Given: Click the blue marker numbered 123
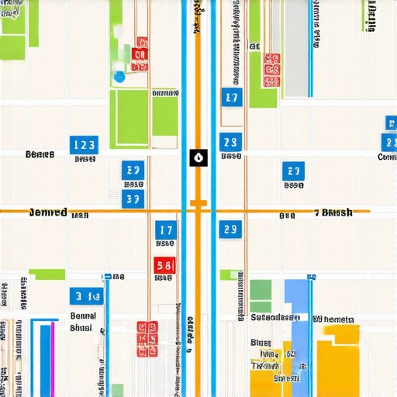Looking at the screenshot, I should tap(84, 144).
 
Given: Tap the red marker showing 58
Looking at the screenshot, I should tap(164, 266).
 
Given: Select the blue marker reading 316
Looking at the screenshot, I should tap(85, 296).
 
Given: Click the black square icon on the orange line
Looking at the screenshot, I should tap(198, 158).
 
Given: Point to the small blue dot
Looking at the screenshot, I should tap(119, 77).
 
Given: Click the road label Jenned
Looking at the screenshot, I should tap(48, 212).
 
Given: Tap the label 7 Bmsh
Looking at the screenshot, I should tap(333, 212).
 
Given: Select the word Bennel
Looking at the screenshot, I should tap(82, 316).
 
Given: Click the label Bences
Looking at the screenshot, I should tap(40, 155).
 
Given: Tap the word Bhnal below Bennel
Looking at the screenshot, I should tap(81, 328).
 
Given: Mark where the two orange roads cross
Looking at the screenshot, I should tap(198, 210).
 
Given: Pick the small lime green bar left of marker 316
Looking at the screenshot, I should tap(47, 274).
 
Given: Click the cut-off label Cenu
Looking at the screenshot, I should tap(386, 157).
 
